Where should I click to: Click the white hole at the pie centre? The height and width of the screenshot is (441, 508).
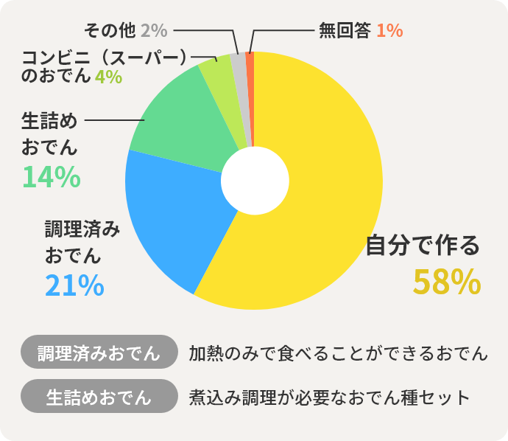tap(254, 181)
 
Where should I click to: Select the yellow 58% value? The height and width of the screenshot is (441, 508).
tap(446, 282)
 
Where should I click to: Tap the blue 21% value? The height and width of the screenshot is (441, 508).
tap(74, 285)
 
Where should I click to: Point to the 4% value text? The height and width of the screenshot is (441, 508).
tap(108, 76)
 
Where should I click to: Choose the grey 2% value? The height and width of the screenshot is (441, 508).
tap(155, 30)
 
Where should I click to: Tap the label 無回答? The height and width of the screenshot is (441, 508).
tap(344, 30)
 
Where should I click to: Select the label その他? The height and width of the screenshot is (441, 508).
tap(110, 30)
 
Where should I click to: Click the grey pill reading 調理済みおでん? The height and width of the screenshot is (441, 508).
tap(99, 352)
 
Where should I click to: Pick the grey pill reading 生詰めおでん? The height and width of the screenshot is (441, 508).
tap(99, 396)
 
